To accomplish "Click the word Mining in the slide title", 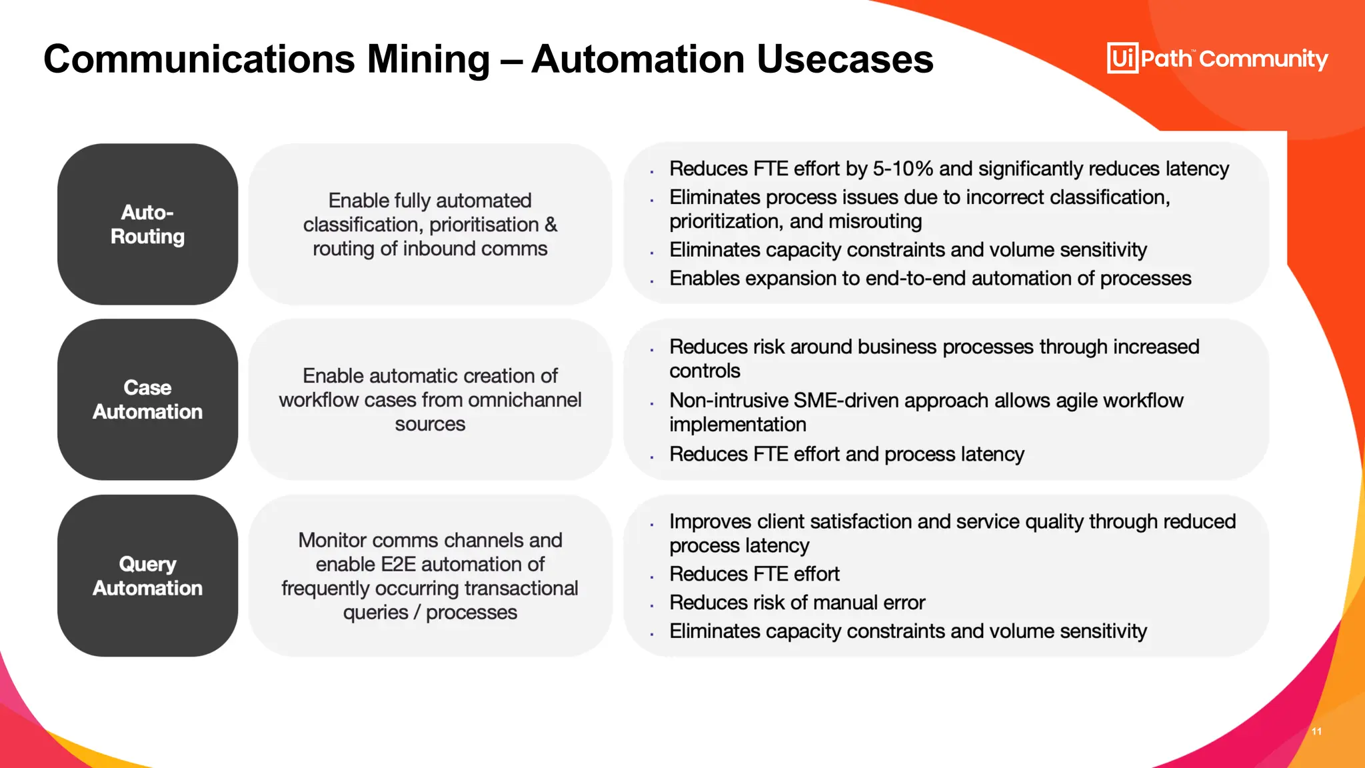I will (x=428, y=59).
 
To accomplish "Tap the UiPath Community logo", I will (x=1217, y=59).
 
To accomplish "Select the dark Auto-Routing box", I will (x=147, y=224).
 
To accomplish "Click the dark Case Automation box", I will (x=147, y=399).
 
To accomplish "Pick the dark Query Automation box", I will (x=147, y=575).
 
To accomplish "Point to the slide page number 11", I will (x=1316, y=731).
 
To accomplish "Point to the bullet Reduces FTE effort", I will (x=754, y=574).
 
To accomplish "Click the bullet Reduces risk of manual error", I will (x=796, y=603).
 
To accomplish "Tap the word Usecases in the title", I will (x=844, y=59).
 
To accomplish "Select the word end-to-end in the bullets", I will (x=915, y=279).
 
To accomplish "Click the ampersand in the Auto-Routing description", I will (x=551, y=225).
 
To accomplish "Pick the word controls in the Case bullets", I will (x=704, y=371).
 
